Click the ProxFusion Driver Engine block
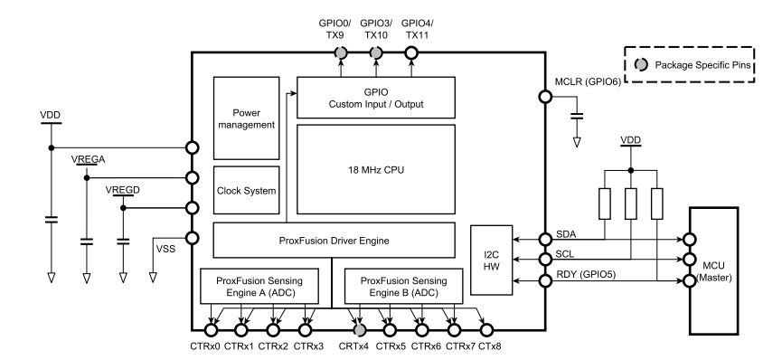(x=334, y=240)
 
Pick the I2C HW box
(x=491, y=261)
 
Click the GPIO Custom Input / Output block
(x=375, y=98)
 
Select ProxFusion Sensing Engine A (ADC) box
(x=259, y=288)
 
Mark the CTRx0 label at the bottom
(x=204, y=346)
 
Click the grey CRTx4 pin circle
(x=359, y=330)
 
